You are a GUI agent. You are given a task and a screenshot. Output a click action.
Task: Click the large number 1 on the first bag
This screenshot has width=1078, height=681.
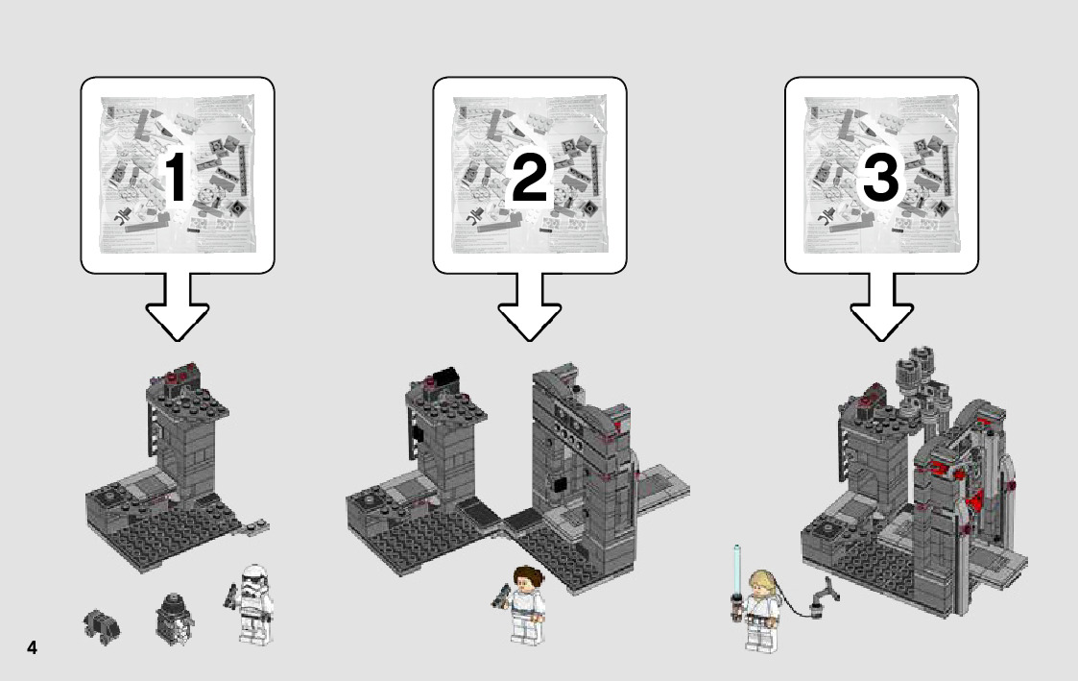[x=177, y=177]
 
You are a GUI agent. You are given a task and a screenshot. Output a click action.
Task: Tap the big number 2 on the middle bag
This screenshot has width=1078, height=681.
[x=529, y=177]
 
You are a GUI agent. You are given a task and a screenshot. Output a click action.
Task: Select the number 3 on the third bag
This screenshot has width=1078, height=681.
[x=881, y=177]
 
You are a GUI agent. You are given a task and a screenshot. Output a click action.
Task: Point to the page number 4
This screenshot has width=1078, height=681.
[x=32, y=647]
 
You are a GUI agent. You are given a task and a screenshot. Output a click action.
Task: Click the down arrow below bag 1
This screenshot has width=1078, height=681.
[x=178, y=306]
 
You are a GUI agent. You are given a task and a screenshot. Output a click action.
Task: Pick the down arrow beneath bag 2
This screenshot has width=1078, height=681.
[x=529, y=306]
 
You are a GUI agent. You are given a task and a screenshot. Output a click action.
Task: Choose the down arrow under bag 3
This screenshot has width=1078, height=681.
[x=882, y=306]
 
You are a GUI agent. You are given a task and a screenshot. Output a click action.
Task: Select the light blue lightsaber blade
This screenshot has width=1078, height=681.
[x=738, y=569]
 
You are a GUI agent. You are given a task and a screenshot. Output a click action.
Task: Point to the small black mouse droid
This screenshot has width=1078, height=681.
[x=102, y=625]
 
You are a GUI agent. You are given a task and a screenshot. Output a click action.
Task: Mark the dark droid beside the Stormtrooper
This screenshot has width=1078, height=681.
[x=174, y=620]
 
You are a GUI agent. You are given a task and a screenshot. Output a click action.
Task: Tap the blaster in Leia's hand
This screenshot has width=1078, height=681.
[x=500, y=596]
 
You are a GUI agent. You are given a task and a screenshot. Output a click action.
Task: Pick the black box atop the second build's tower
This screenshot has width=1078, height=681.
[x=444, y=377]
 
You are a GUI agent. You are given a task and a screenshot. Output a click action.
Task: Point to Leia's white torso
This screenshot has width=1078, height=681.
[x=529, y=605]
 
